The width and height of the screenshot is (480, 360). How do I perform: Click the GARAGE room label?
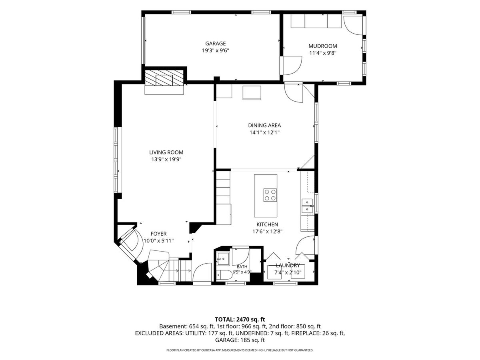point(215,44)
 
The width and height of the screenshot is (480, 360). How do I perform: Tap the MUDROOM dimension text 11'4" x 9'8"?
point(322,53)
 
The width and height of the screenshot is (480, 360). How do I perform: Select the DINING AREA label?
point(264,126)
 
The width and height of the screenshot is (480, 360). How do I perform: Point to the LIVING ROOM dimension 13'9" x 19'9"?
point(166,159)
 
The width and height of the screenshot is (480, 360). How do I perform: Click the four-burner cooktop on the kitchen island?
point(270,195)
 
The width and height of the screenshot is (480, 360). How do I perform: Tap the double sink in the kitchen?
point(307,206)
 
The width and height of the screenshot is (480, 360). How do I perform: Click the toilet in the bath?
point(224,275)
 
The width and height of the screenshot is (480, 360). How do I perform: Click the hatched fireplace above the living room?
point(164,78)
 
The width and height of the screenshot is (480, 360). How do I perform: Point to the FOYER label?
point(158,234)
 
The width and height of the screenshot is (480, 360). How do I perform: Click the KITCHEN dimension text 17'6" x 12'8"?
point(267,232)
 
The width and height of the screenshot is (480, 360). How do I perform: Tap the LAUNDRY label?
point(288,266)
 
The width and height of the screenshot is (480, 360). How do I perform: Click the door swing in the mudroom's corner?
point(353,25)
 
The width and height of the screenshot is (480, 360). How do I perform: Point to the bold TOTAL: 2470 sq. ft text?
point(240,319)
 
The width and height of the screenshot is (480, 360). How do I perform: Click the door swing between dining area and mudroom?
point(293,93)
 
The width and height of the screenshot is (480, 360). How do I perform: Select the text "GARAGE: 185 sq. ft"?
point(240,340)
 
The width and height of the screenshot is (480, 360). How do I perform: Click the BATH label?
point(242,267)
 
